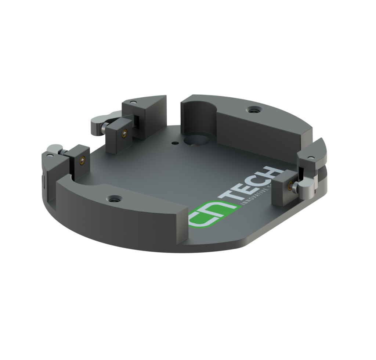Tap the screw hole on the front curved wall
(x=115, y=199)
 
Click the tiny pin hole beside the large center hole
(x=175, y=141)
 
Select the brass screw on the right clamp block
(x=290, y=186)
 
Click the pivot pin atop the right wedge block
(x=311, y=158)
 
